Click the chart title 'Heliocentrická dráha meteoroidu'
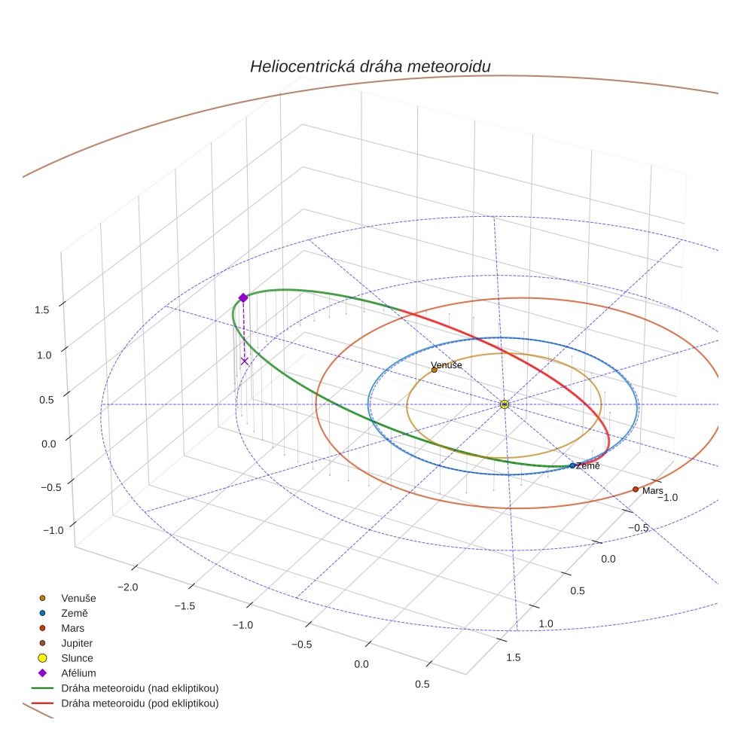(370, 66)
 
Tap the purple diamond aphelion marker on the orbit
(243, 298)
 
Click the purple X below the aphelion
(244, 361)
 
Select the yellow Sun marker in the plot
(505, 404)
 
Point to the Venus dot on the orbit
(434, 370)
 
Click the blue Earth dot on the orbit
(572, 465)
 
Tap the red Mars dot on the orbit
(636, 489)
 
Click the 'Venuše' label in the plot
(446, 364)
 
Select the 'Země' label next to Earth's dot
(588, 466)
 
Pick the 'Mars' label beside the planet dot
(653, 490)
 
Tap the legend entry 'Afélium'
(78, 673)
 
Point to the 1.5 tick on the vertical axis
(41, 309)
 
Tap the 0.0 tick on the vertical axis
(49, 444)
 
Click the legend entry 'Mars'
(72, 628)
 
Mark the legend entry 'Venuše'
(78, 598)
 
